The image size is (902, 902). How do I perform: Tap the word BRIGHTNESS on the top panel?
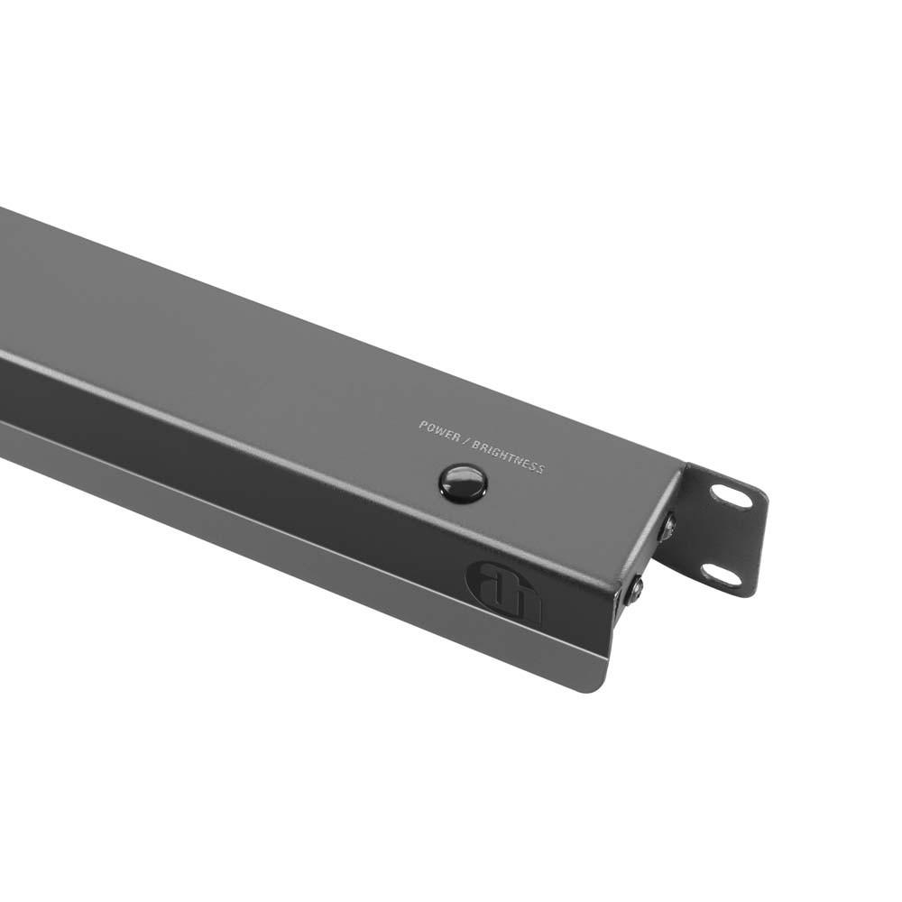508,454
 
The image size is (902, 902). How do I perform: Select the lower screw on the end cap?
635,591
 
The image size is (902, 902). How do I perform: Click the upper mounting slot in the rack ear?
731,496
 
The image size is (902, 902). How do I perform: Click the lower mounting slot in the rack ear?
721,575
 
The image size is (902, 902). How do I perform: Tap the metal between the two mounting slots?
726,536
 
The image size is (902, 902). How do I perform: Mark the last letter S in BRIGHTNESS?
540,469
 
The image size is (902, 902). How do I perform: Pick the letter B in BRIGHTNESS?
475,442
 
